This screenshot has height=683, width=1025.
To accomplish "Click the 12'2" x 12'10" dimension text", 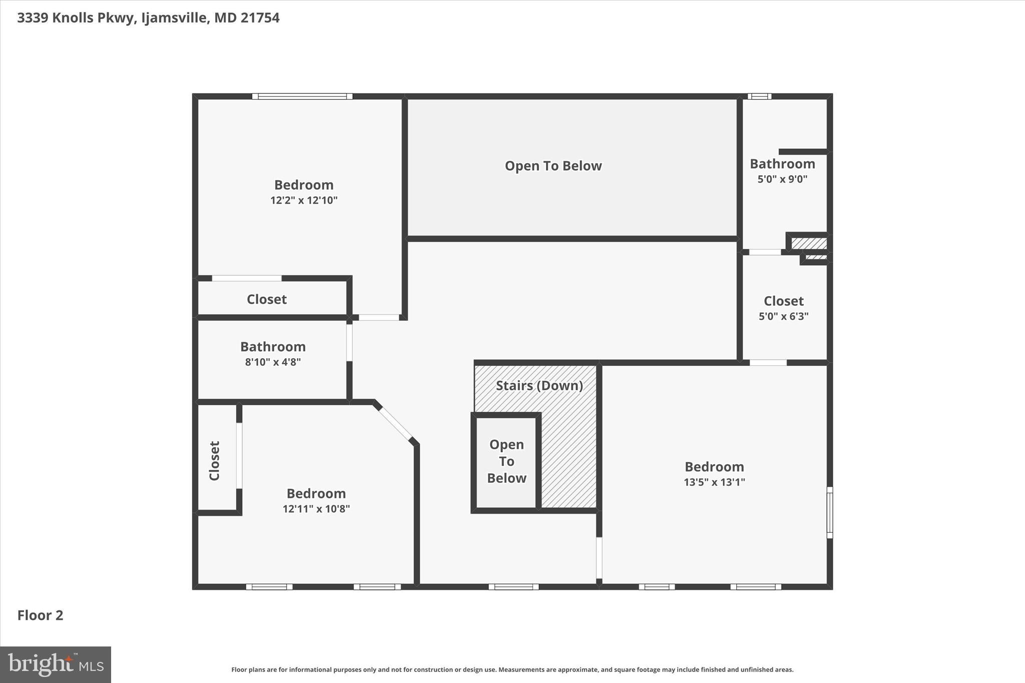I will (304, 201).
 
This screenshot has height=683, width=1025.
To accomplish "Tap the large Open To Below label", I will (553, 166).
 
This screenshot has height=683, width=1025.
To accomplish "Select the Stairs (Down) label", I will (539, 386).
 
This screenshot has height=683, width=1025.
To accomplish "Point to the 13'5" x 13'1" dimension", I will (714, 482).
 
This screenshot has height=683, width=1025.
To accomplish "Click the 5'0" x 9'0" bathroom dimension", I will (782, 179).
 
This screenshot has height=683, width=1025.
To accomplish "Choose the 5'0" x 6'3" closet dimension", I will (783, 316).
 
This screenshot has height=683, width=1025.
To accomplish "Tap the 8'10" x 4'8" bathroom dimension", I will (273, 362).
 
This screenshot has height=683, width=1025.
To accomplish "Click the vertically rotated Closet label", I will (215, 461).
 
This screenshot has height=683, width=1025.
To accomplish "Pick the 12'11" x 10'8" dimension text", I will (316, 509).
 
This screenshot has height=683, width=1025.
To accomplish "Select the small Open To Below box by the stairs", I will (506, 461).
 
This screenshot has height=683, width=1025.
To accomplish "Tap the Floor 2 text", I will (41, 615).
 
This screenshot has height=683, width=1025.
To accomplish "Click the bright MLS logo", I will (56, 664).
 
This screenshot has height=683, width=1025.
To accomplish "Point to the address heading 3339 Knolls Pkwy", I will (148, 18).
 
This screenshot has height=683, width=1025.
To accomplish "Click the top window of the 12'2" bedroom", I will (302, 96).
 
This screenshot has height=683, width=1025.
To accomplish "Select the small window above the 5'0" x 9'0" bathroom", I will (759, 96).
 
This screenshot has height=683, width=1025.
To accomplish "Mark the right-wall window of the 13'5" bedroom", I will (829, 512).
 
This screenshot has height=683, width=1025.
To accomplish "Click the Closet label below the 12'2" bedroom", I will (267, 299).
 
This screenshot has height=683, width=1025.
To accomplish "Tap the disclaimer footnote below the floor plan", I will (512, 669).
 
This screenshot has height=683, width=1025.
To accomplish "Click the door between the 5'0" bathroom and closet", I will (764, 252).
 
